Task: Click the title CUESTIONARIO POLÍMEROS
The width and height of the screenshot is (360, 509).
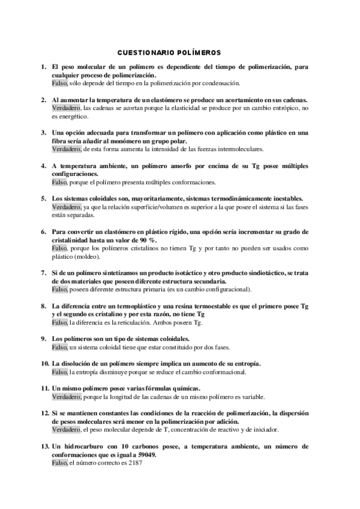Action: click(x=169, y=53)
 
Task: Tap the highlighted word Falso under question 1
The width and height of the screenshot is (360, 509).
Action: click(x=59, y=83)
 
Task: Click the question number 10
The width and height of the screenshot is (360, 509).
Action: click(x=45, y=364)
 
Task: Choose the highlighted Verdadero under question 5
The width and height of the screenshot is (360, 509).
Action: click(x=67, y=206)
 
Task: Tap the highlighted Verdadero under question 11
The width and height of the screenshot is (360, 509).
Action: click(x=67, y=397)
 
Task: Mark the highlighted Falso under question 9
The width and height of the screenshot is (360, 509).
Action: click(x=59, y=347)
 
